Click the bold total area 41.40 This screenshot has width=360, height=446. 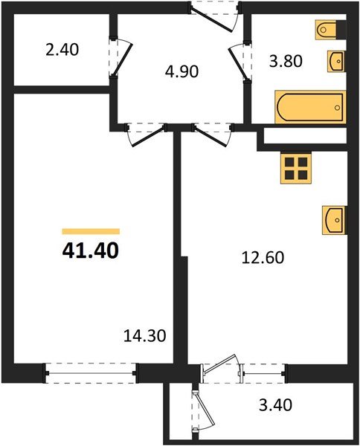pyautogui.click(x=90, y=251)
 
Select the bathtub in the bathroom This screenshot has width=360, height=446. pyautogui.click(x=310, y=107)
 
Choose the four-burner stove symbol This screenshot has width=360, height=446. pyautogui.click(x=295, y=168)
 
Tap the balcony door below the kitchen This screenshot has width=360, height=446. pyautogui.click(x=220, y=371)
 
